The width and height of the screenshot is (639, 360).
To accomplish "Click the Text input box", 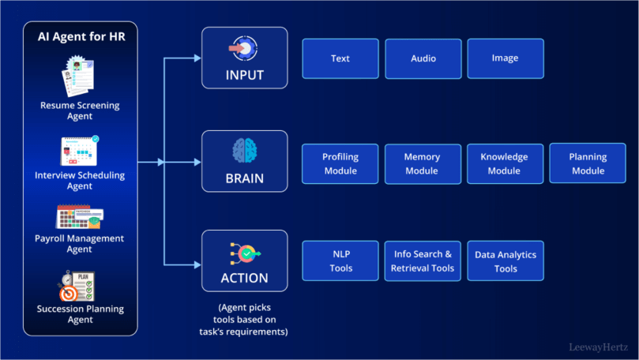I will [340, 58].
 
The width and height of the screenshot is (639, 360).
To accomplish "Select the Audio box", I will [423, 58].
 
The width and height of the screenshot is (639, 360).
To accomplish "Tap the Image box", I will [505, 58].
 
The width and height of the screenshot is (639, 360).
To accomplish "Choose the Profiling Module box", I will [340, 163].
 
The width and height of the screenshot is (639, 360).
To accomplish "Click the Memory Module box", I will [423, 163].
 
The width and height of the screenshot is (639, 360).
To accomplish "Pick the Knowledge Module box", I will [505, 163].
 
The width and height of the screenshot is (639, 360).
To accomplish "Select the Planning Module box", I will [588, 163].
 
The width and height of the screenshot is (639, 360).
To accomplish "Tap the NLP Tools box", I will [340, 261].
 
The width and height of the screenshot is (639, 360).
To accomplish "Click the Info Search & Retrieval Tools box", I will [423, 261].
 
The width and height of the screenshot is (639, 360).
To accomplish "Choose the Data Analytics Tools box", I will [505, 261].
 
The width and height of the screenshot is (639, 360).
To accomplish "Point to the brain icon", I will [244, 150].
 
